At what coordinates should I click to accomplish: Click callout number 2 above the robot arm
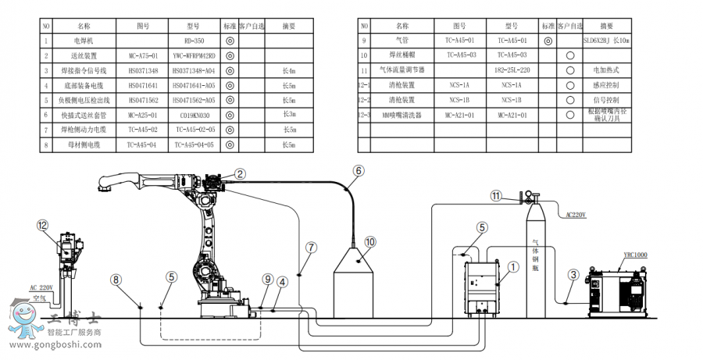point(240,174)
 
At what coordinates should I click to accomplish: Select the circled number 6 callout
point(359,170)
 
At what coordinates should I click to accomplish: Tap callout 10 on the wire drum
point(370,242)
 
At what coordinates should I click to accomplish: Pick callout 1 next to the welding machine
point(513,266)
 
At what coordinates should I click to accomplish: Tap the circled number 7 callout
point(311,247)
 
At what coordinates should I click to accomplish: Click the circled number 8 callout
point(116,279)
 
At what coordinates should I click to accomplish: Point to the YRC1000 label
point(635,255)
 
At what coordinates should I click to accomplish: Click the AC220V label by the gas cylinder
point(574,212)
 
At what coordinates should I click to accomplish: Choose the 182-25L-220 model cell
point(512,70)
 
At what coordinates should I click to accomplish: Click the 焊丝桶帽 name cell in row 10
point(401,55)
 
